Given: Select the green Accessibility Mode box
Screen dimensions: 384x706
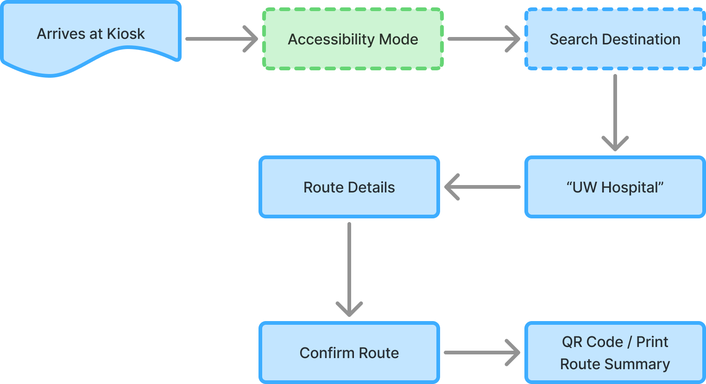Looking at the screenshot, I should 353,39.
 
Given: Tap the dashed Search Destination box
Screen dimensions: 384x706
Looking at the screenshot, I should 615,39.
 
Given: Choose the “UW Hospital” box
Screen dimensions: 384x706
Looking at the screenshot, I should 615,187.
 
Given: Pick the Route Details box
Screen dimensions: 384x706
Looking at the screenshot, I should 349,187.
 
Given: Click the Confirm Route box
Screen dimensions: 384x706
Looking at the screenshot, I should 349,353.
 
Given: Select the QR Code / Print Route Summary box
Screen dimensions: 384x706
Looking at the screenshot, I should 615,353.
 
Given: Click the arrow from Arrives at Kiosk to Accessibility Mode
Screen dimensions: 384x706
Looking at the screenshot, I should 221,39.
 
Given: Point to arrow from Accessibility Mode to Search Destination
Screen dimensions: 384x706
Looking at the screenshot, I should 483,39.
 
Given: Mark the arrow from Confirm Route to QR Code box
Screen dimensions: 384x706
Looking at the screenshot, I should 482,353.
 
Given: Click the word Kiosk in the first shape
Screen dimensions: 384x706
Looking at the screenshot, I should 126,34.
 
